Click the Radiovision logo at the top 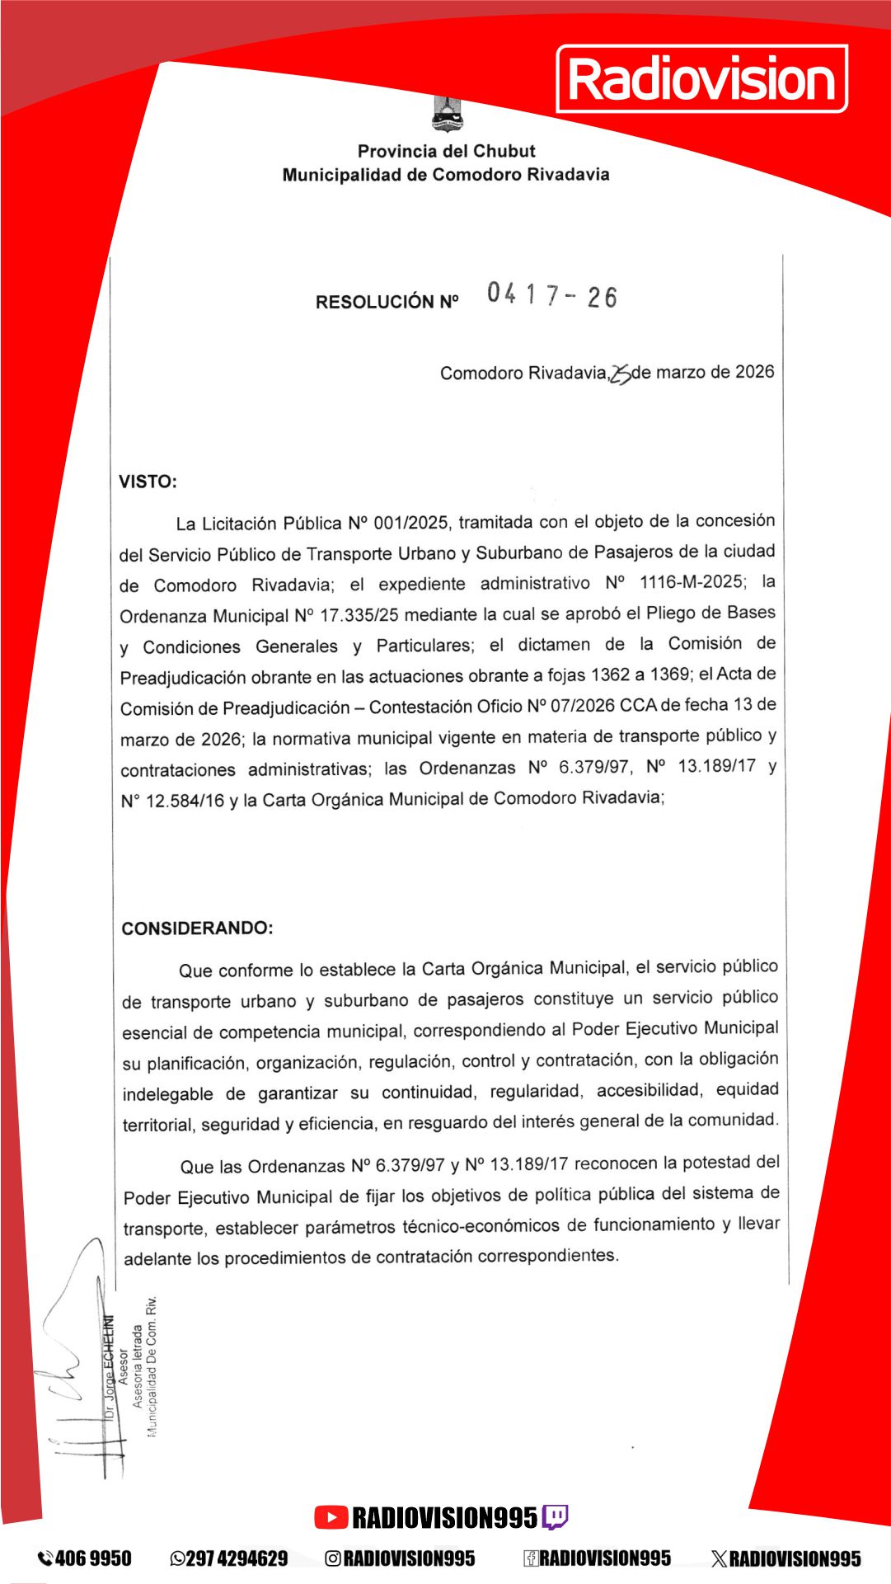(x=702, y=79)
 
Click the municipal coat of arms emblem (x=447, y=114)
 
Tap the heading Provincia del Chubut (x=446, y=151)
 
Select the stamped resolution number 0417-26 (x=551, y=294)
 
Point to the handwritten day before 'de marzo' (x=621, y=374)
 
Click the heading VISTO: (x=148, y=482)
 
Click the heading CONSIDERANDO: (x=197, y=928)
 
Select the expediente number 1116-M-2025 (x=691, y=582)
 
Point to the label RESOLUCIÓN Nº (x=387, y=302)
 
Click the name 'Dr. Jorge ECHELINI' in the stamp (x=108, y=1365)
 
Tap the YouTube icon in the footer (x=331, y=1517)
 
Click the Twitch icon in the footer (x=555, y=1517)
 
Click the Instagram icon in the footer (x=333, y=1558)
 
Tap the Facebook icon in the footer (x=531, y=1558)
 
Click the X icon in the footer (x=719, y=1558)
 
